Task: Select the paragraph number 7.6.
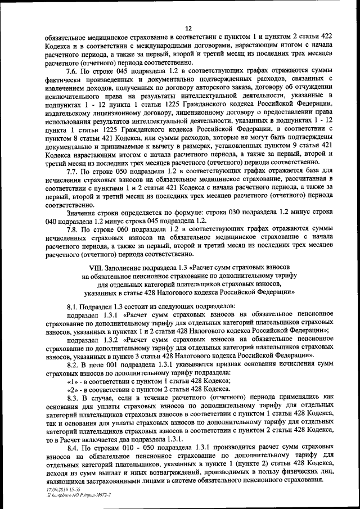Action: pyautogui.click(x=72, y=73)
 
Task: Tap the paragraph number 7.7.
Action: pyautogui.click(x=72, y=170)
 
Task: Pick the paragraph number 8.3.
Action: pyautogui.click(x=72, y=396)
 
